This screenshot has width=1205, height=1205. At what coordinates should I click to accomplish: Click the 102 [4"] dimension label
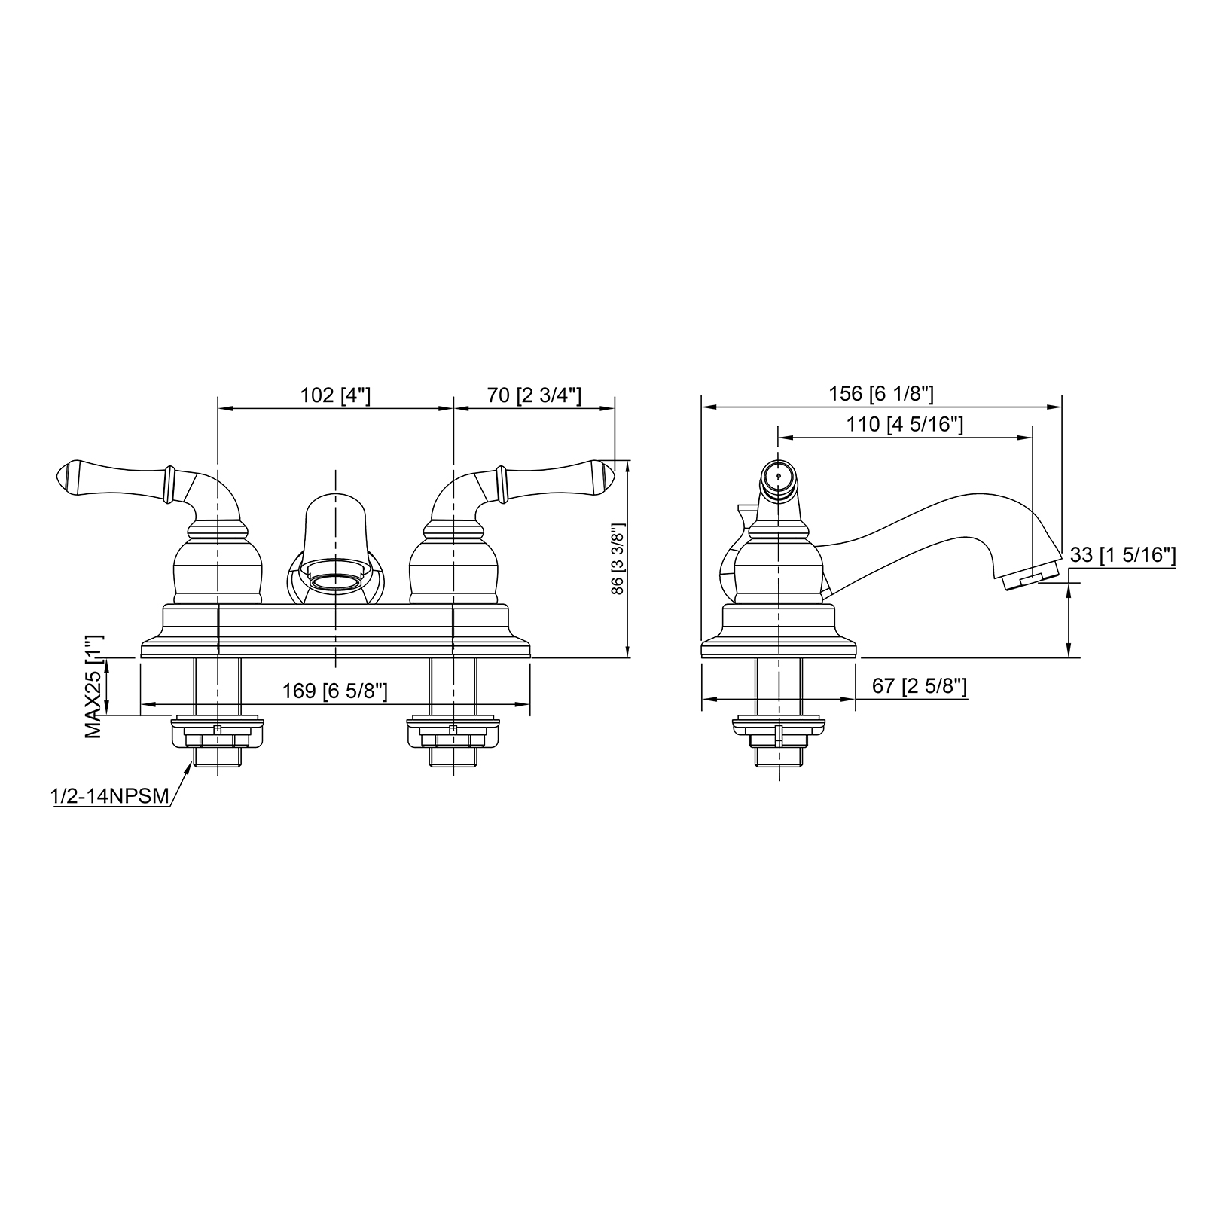click(x=335, y=395)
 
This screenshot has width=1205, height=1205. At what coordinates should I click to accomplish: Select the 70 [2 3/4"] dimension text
click(x=535, y=395)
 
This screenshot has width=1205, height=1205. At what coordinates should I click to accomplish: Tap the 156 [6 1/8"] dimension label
click(x=881, y=393)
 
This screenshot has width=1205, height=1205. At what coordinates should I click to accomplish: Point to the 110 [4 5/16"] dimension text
click(x=905, y=424)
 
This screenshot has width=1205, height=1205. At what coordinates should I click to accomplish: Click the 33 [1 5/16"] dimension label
click(x=1123, y=555)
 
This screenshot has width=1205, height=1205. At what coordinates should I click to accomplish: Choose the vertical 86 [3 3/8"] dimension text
click(x=618, y=559)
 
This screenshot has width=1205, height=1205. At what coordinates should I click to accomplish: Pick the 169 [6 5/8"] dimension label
click(x=335, y=691)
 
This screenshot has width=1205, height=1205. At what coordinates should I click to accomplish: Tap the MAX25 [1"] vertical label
click(x=93, y=685)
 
